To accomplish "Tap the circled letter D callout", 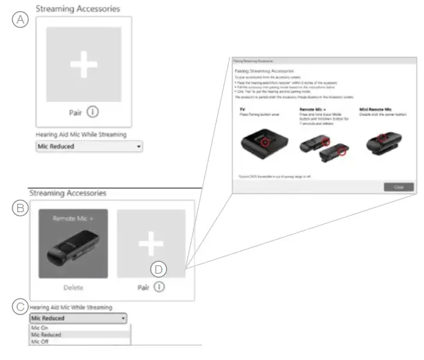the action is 159,267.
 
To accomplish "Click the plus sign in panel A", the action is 84,64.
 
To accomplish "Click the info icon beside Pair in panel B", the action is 160,287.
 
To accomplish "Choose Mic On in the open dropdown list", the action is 39,327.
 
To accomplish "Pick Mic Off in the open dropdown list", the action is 39,341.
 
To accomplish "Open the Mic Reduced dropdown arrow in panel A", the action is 139,147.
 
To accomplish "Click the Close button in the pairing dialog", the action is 398,187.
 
